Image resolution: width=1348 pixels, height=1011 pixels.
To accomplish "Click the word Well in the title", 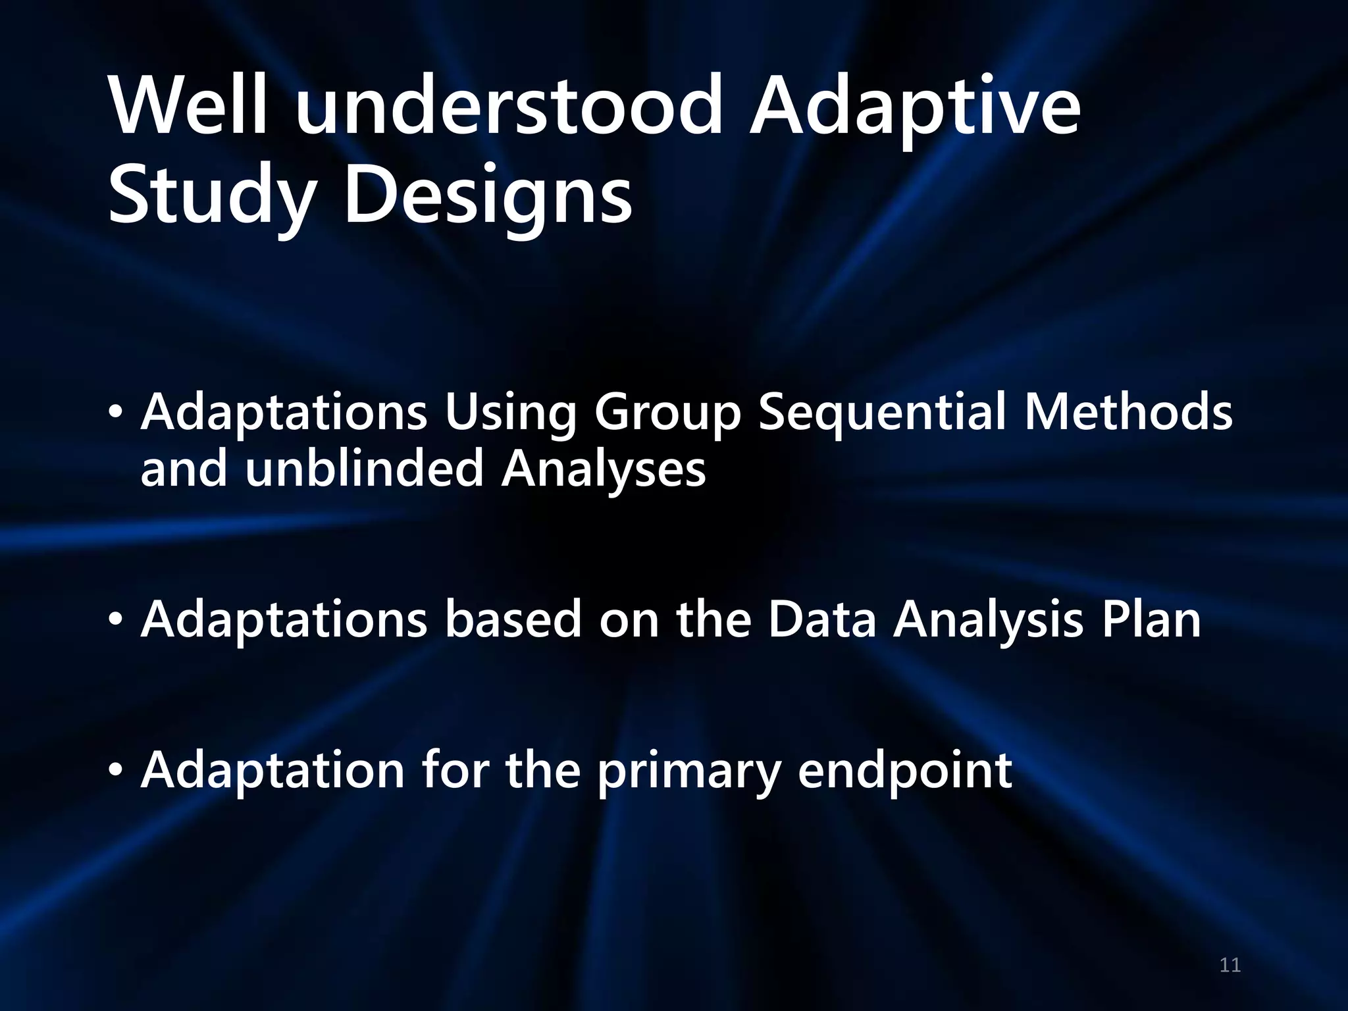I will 190,105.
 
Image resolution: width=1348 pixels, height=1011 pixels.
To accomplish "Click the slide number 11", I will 1230,966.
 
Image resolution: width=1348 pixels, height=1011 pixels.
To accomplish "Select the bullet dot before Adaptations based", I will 116,619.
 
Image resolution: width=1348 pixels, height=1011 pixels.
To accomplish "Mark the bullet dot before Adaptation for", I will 116,770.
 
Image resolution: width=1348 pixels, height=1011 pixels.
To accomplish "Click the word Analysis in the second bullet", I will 987,621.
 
